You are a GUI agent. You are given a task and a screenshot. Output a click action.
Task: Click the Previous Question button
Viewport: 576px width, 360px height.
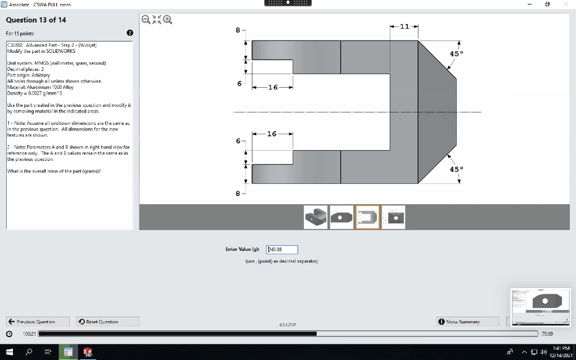[x=38, y=322]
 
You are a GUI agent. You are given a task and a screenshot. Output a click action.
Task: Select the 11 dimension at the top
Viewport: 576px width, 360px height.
[x=404, y=26]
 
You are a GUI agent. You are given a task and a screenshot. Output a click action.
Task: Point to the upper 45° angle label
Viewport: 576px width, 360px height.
[x=456, y=53]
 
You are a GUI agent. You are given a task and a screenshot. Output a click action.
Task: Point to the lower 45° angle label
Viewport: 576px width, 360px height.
[x=456, y=169]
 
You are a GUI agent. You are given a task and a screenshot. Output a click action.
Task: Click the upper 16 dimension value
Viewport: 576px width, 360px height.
[x=273, y=87]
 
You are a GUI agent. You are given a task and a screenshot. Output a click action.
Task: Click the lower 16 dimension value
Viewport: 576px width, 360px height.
[x=272, y=134]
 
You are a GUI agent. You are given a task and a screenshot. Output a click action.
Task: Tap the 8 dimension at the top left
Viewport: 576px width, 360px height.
[x=238, y=29]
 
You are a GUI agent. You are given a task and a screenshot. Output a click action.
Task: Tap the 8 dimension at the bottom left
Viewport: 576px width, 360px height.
[x=238, y=193]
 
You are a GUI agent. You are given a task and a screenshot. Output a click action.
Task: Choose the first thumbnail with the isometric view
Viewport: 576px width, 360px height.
[x=316, y=217]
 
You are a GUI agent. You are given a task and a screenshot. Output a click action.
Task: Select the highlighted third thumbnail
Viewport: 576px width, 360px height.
[x=368, y=217]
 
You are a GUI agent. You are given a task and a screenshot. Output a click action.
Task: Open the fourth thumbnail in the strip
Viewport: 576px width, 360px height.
[x=394, y=217]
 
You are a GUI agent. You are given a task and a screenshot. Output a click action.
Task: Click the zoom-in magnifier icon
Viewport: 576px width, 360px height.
[x=167, y=20]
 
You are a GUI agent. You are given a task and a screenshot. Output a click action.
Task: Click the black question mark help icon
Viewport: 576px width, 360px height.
[x=130, y=33]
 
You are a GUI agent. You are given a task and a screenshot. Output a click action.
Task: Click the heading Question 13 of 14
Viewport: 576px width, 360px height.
[x=36, y=20]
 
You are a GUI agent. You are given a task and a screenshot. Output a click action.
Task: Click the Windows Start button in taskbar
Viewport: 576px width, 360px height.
[x=8, y=352]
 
